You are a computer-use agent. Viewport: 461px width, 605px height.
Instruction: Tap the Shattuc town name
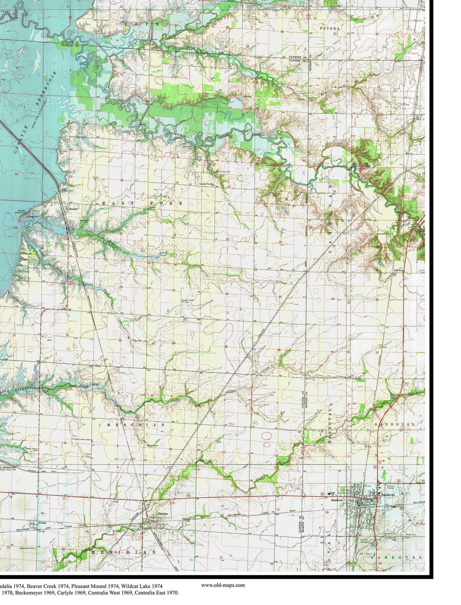163,513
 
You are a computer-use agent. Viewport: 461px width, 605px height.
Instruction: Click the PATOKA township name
330,29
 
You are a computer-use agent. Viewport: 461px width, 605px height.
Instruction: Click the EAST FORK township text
143,203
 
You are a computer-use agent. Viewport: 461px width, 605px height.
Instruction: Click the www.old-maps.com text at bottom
223,585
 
